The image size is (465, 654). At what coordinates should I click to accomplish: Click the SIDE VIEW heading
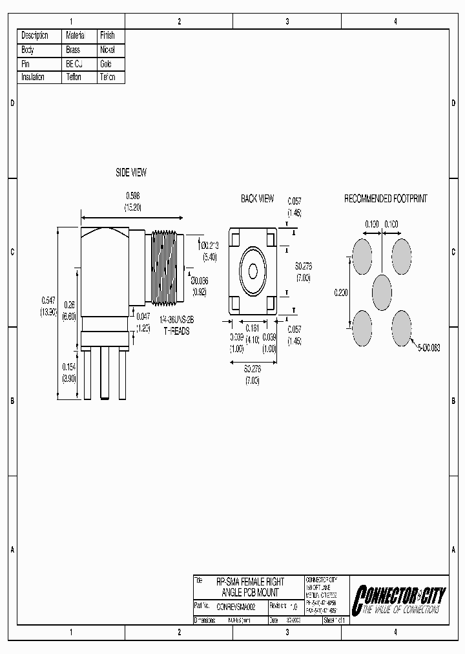[x=130, y=173]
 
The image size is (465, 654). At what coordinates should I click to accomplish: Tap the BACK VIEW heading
[x=257, y=199]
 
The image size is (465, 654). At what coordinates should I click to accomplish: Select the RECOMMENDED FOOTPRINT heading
[x=385, y=199]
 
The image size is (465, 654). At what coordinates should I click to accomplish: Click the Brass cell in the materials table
[x=73, y=49]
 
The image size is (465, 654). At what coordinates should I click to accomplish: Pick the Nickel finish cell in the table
[x=107, y=49]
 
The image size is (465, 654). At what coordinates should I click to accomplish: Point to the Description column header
[x=35, y=35]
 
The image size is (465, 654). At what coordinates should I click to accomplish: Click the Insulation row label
[x=33, y=77]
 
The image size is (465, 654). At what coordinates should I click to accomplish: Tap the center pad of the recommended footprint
[x=382, y=291]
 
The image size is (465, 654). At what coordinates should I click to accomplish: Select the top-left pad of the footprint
[x=362, y=257]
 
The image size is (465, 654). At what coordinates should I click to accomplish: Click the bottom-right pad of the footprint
[x=402, y=327]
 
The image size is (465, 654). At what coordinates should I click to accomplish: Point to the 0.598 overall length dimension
[x=133, y=195]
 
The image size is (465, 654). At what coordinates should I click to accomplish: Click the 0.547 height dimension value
[x=48, y=300]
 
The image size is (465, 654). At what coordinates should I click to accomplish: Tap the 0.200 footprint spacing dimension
[x=342, y=292]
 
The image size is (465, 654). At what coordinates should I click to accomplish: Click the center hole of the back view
[x=253, y=269]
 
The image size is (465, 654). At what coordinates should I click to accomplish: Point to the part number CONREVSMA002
[x=236, y=607]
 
